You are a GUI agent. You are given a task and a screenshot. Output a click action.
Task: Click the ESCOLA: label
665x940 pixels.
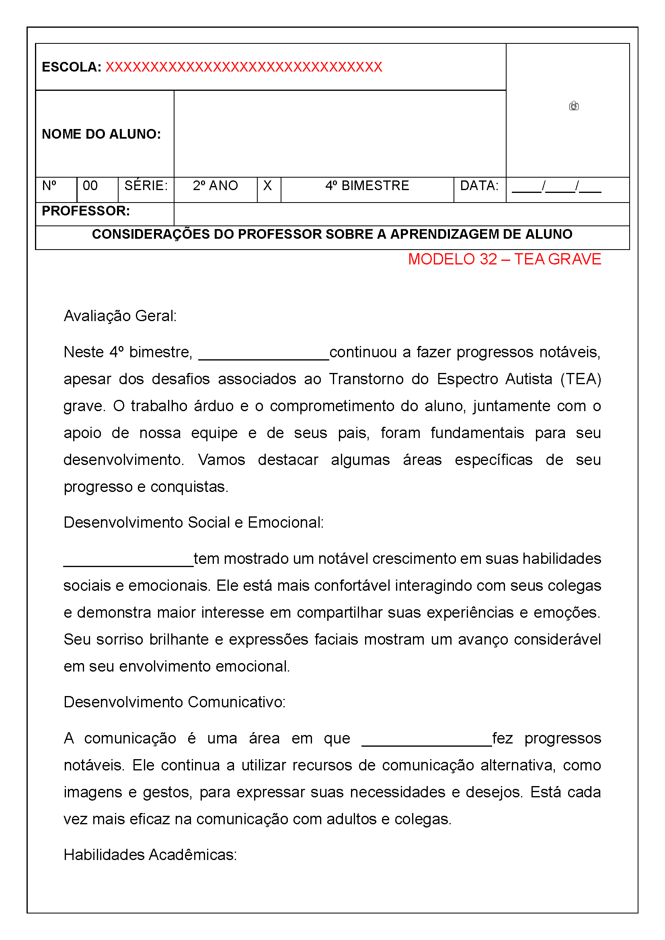click(71, 67)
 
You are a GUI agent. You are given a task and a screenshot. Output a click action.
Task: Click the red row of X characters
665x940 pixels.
click(244, 67)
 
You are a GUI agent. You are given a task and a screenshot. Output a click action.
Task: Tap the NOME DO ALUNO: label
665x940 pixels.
click(101, 134)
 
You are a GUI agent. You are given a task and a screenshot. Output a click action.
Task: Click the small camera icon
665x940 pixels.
click(573, 106)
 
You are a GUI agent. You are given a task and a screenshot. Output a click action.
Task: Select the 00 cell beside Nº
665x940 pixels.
click(90, 186)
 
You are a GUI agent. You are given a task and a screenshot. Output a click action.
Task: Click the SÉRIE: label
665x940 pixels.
click(146, 186)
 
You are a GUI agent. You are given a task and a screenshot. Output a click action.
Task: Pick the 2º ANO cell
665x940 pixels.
click(216, 186)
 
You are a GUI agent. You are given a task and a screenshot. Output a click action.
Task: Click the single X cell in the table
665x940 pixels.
click(267, 186)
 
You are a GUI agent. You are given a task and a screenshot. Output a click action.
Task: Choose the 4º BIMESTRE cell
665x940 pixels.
click(367, 186)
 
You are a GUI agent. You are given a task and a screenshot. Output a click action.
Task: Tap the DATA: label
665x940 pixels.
click(479, 186)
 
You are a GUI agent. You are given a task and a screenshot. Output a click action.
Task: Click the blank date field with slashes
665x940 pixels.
click(556, 188)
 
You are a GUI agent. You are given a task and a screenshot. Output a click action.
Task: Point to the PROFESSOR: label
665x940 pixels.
click(86, 211)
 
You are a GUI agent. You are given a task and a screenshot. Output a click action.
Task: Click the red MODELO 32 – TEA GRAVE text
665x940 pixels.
click(505, 259)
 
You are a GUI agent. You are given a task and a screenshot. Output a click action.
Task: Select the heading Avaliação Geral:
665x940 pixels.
click(120, 316)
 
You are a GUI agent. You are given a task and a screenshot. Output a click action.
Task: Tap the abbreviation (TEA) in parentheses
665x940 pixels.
click(580, 379)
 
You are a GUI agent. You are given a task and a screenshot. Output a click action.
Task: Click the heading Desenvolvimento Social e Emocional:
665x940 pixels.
click(193, 523)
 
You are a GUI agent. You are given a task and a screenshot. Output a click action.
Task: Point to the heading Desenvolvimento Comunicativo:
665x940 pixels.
click(174, 702)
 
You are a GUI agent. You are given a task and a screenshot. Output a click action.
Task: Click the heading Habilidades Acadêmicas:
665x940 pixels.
click(150, 855)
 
